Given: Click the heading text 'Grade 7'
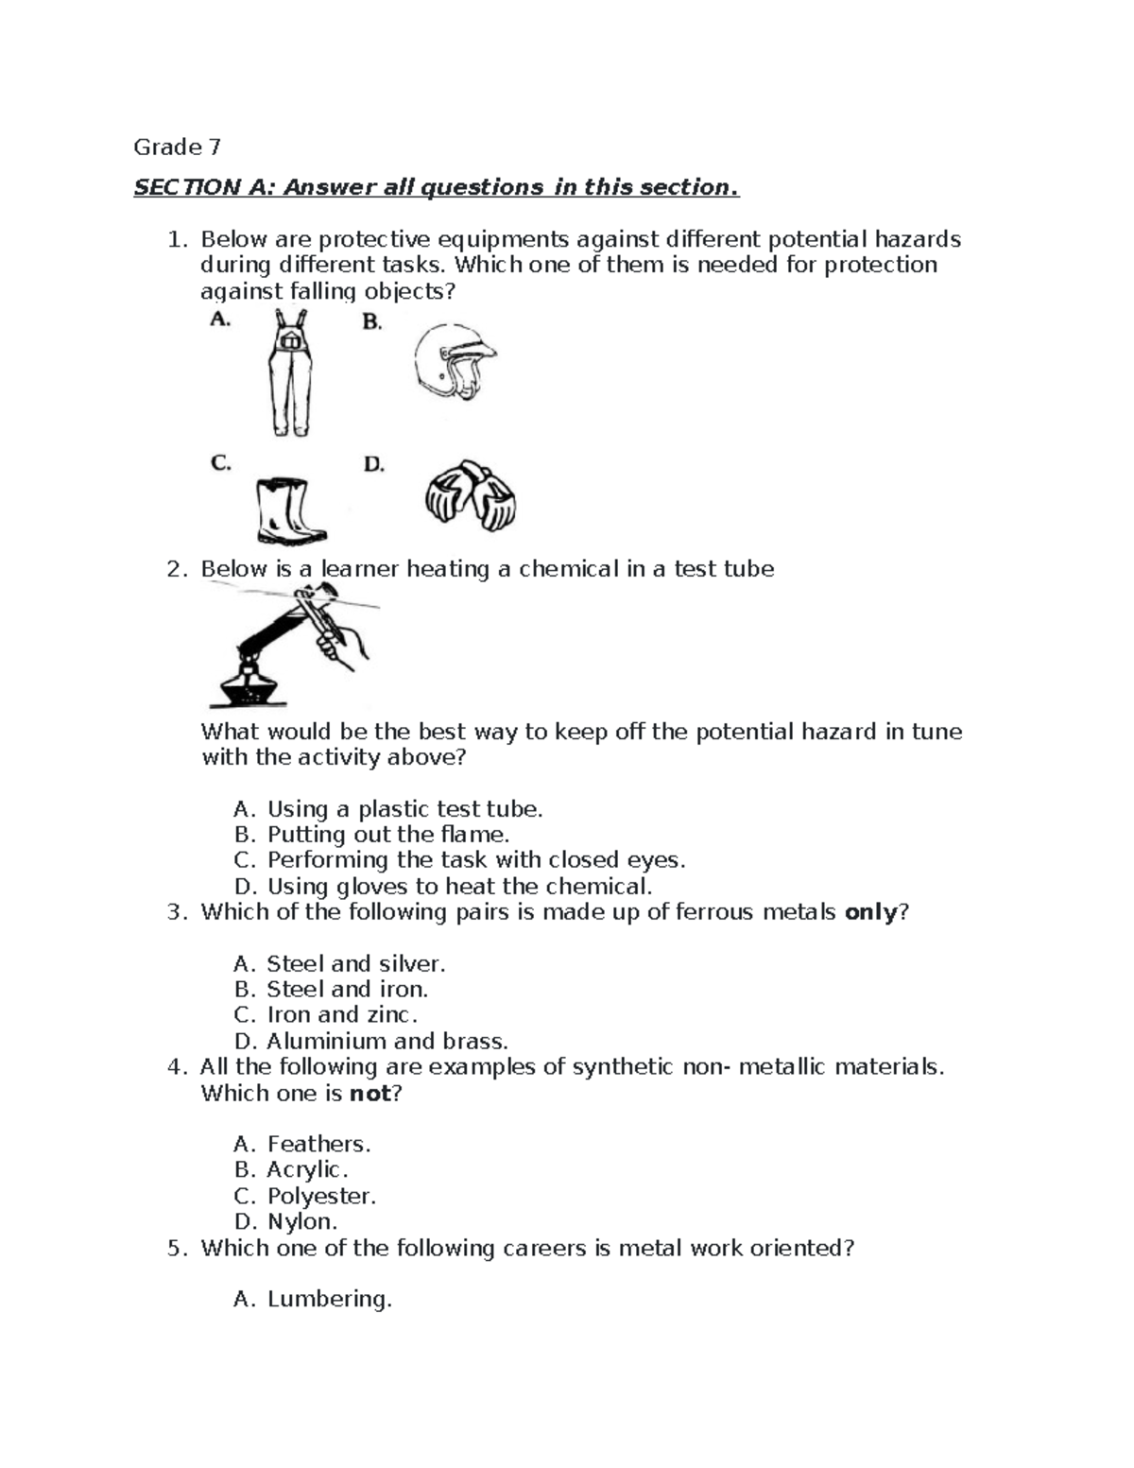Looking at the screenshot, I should [177, 147].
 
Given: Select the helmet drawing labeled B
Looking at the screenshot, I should [454, 364].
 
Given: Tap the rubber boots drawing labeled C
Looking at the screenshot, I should [289, 511].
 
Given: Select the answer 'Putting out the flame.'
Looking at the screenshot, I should [387, 835].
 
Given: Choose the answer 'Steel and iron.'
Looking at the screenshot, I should [347, 990].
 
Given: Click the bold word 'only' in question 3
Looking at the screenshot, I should [869, 913].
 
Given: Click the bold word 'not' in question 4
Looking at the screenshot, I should [369, 1094].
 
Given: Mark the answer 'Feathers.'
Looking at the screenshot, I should [318, 1145].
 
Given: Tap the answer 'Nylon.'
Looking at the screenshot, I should [301, 1222].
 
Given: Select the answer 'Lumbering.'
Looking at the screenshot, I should [329, 1300].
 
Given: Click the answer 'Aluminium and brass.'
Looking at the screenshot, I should [387, 1042].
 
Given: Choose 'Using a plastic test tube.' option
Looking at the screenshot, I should [404, 809].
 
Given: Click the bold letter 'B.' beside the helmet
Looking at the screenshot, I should [372, 323].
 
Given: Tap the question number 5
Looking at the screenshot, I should [174, 1249].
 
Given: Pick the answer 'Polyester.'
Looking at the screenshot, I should [321, 1197].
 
